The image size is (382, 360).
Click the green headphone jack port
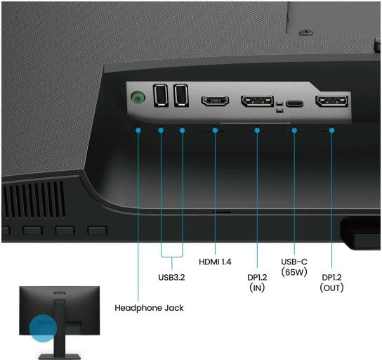[138, 98]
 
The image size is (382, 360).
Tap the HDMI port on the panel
[215, 101]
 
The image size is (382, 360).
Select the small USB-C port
[294, 103]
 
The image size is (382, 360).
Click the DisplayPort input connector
[257, 101]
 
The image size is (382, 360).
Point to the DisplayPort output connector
[332, 101]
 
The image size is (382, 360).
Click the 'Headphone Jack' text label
[149, 308]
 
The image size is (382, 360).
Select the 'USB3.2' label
[171, 277]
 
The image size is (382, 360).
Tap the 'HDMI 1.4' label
[215, 262]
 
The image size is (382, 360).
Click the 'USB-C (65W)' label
[294, 267]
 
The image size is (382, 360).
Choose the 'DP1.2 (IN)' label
[257, 283]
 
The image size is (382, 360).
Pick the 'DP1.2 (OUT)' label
[332, 283]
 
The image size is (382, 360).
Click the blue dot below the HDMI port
[215, 131]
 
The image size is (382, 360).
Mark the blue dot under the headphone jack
[138, 131]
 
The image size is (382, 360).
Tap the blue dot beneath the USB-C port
[294, 131]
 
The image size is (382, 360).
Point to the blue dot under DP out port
[331, 131]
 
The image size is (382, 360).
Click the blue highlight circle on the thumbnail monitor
[43, 328]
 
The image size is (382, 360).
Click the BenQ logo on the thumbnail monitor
[60, 292]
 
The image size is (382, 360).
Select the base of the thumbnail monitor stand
[60, 356]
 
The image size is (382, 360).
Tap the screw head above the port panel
[306, 32]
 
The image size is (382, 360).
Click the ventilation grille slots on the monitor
[34, 200]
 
